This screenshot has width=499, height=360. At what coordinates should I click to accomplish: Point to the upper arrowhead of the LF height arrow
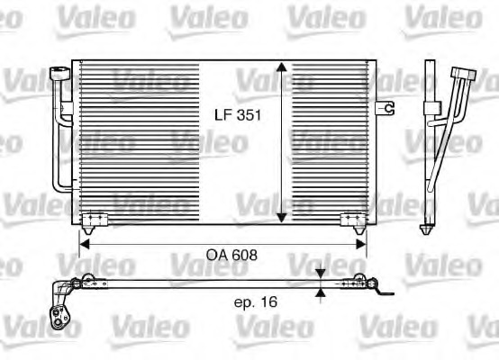click(x=283, y=69)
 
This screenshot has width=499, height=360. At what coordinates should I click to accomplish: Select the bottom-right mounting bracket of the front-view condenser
click(x=352, y=219)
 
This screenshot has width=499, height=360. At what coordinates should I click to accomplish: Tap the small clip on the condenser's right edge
click(x=388, y=108)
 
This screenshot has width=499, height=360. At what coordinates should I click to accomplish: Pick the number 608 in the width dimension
click(x=245, y=255)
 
